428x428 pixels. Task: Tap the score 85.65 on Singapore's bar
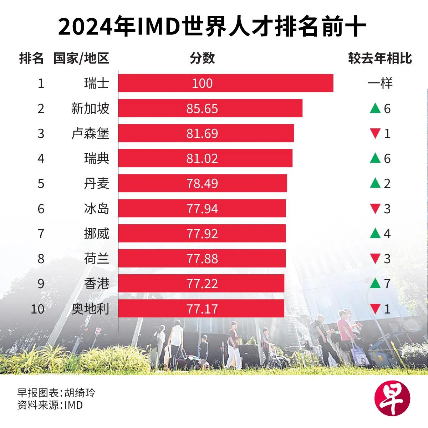202,108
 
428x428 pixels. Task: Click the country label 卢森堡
90,133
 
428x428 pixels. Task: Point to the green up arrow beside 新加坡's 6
375,108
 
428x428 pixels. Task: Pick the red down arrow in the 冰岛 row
375,209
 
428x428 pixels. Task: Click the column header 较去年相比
380,58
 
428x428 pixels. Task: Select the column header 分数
202,58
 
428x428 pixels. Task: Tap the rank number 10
37,309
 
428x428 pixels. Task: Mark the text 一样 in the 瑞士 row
380,83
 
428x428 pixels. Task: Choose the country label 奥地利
90,309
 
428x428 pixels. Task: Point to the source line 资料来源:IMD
50,405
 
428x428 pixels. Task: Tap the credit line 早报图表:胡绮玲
56,393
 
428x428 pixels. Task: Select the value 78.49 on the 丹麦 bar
202,184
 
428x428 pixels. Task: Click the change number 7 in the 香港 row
387,284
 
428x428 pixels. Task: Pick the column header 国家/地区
81,58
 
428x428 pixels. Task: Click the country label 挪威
97,234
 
